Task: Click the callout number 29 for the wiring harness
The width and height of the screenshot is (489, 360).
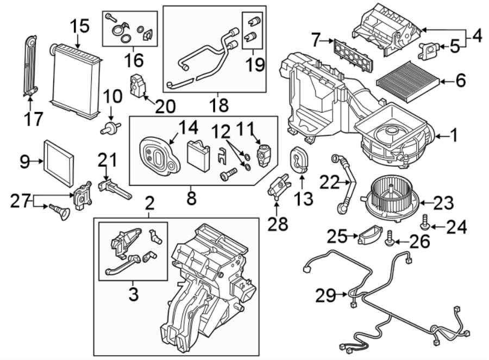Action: coord(326,295)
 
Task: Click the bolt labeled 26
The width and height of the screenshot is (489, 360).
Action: coord(390,237)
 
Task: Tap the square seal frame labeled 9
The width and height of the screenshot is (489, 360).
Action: coord(59,162)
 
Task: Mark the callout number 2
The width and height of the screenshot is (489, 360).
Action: coord(150,204)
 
